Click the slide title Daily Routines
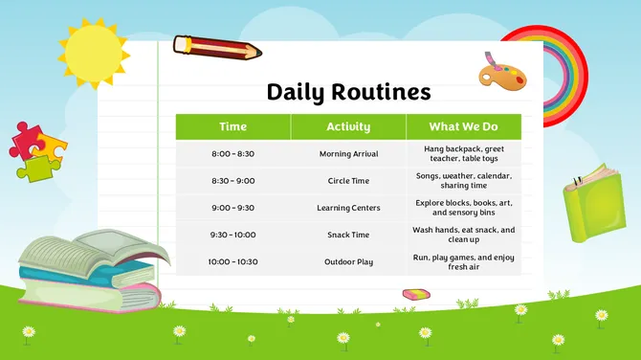348,93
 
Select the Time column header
232,126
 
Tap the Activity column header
348,126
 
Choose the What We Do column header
463,126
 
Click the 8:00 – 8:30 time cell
232,154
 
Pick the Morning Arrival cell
348,154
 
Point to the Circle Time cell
348,181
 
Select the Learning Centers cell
348,208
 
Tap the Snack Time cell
348,235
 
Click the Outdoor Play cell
348,261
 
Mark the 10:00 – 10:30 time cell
232,261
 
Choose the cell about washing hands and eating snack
463,235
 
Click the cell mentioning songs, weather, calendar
463,181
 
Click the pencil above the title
214,47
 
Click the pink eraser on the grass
417,294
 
